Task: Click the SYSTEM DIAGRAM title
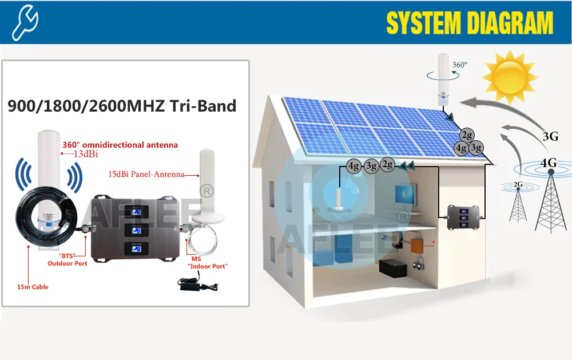click(x=470, y=23)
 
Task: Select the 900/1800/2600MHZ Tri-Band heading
click(x=121, y=106)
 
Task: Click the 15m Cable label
click(x=33, y=287)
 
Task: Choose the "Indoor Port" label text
click(x=208, y=266)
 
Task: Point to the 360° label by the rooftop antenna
click(x=459, y=65)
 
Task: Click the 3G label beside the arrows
click(x=550, y=136)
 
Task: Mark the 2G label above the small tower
click(x=518, y=184)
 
